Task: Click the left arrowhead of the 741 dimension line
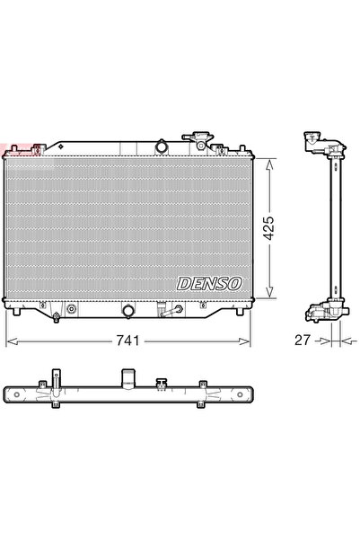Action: click(x=10, y=342)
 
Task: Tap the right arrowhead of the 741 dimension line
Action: click(x=249, y=342)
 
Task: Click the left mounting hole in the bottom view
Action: click(x=13, y=395)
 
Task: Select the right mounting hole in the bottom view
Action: click(x=244, y=395)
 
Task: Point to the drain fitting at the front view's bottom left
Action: click(x=56, y=315)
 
